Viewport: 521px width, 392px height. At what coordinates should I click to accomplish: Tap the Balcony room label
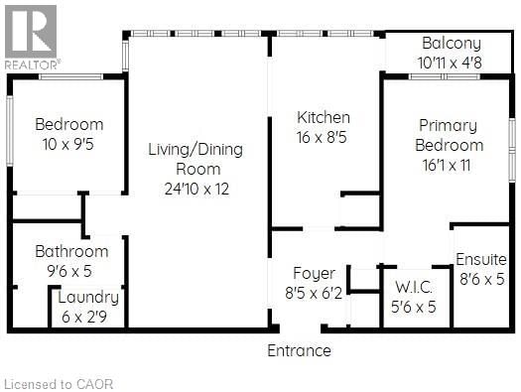(x=452, y=44)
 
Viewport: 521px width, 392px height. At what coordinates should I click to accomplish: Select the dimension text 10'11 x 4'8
(x=452, y=62)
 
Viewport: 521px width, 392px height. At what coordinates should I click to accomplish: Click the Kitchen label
(x=324, y=118)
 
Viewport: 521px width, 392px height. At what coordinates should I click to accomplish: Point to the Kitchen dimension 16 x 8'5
(x=324, y=137)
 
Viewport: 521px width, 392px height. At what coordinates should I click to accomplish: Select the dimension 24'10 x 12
(x=195, y=189)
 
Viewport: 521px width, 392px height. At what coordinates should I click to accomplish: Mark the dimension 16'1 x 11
(x=448, y=166)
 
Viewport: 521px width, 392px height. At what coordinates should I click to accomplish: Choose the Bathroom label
(x=71, y=251)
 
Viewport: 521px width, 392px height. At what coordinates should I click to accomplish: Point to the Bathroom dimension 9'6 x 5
(x=71, y=270)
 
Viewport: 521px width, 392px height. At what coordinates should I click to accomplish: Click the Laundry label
(x=88, y=297)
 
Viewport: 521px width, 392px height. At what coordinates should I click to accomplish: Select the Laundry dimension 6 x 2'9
(x=88, y=315)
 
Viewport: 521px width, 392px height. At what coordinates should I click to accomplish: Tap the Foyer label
(x=314, y=273)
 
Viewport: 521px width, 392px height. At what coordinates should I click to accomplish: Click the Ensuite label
(x=481, y=260)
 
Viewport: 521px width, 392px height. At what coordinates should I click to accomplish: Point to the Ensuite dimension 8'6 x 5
(x=481, y=279)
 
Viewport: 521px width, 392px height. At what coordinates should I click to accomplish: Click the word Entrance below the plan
(x=299, y=350)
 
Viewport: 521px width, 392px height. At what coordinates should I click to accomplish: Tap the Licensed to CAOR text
(x=48, y=383)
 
